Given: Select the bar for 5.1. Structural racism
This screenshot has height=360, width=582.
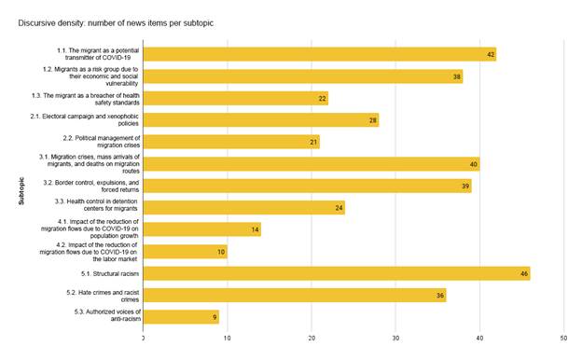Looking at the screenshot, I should (x=336, y=273).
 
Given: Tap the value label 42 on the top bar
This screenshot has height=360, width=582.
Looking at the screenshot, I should (x=491, y=54).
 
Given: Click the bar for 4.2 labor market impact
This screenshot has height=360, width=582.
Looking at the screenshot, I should (x=185, y=251).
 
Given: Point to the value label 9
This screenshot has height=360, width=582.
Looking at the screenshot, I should (x=215, y=317).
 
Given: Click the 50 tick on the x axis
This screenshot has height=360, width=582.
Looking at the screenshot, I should (x=563, y=338).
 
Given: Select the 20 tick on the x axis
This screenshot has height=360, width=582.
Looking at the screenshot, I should (x=312, y=338).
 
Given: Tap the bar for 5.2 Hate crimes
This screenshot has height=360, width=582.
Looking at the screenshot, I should (x=294, y=295).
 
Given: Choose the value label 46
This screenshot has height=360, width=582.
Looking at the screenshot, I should (x=524, y=273).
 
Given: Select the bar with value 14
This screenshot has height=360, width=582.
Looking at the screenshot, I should (x=201, y=229).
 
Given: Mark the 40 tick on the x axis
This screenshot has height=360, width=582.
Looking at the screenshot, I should (x=479, y=338).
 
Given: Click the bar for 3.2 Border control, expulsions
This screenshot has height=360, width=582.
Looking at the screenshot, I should (x=307, y=186).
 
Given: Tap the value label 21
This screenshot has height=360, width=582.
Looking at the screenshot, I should (x=314, y=142).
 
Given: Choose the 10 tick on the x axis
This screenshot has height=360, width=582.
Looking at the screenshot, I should (x=228, y=338).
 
